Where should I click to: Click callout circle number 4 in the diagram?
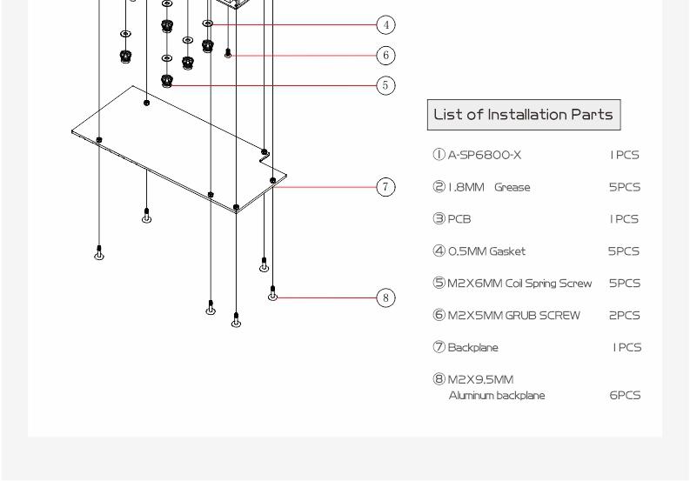coord(386,24)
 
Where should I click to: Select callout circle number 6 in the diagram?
coord(386,56)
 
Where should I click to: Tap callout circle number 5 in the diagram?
coord(386,85)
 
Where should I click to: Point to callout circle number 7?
coord(386,187)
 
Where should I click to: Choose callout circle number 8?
coord(386,298)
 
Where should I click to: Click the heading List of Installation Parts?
coord(523,115)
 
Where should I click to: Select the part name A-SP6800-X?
coord(484,155)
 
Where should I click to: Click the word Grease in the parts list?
coord(512,187)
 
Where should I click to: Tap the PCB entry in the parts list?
coord(459,219)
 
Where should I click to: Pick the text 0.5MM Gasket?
coord(486,251)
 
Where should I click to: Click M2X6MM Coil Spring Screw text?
coord(519,284)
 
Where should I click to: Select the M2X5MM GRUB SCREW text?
coord(513,316)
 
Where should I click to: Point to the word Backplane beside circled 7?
coord(473,348)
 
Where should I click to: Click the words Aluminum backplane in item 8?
coord(497,396)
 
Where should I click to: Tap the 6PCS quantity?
coord(625,395)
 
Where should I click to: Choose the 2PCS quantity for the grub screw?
coord(625,316)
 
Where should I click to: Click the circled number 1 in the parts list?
coord(439,155)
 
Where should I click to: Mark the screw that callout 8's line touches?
coord(273,293)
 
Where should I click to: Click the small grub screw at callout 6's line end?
coord(228,53)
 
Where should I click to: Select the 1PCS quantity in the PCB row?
coord(624,219)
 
